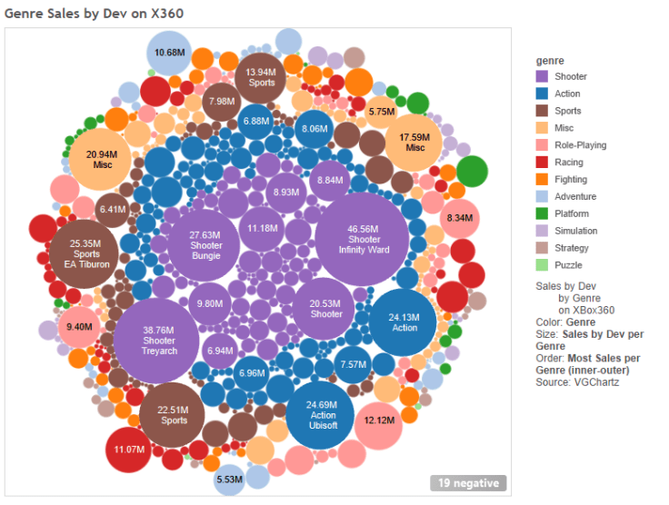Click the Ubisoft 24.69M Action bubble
pyautogui.click(x=321, y=415)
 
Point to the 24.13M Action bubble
pyautogui.click(x=404, y=322)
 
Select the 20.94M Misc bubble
pyautogui.click(x=102, y=160)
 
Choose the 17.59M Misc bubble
pyautogui.click(x=414, y=143)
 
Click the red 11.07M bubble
pyautogui.click(x=130, y=450)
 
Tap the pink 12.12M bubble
pyautogui.click(x=379, y=421)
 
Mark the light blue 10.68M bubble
pyautogui.click(x=169, y=53)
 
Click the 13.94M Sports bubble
pyautogui.click(x=261, y=77)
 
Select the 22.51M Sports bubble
pyautogui.click(x=174, y=415)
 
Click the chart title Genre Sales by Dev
pyautogui.click(x=75, y=14)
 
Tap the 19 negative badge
pyautogui.click(x=468, y=483)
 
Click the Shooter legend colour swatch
pyautogui.click(x=543, y=77)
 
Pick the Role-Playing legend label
pyautogui.click(x=580, y=145)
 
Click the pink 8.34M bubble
pyautogui.click(x=460, y=218)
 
